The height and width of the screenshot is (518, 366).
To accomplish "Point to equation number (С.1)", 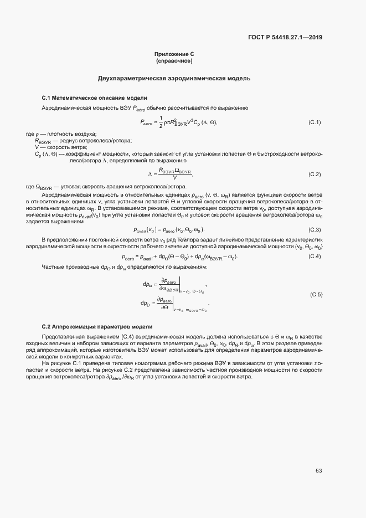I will coord(315,122).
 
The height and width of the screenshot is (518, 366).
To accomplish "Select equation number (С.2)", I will coord(315,175).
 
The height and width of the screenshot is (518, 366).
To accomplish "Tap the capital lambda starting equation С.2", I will coord(148,175).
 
